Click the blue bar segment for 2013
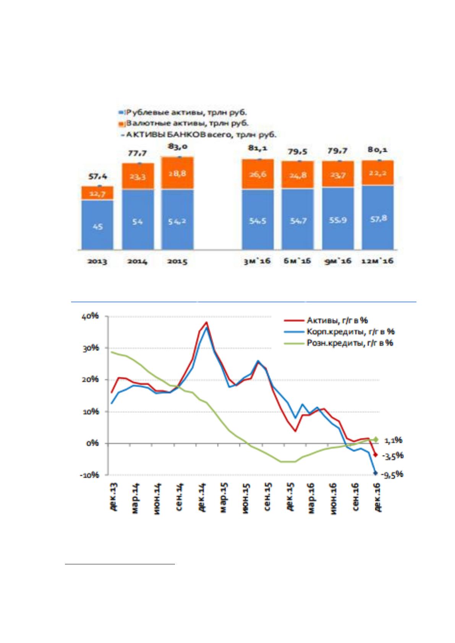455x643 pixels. click(97, 225)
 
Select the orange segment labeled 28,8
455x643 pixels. click(178, 173)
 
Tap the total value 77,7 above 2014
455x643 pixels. click(137, 153)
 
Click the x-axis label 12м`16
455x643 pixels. click(378, 261)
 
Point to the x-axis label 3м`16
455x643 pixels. click(257, 261)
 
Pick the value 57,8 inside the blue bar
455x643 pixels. click(378, 219)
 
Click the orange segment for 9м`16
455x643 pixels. click(338, 174)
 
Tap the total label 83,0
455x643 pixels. click(178, 147)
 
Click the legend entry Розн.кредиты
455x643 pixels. click(350, 343)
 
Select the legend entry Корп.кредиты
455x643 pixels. click(350, 331)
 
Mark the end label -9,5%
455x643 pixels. click(392, 474)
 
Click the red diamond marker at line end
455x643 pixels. click(375, 454)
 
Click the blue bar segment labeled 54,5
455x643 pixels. click(257, 220)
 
